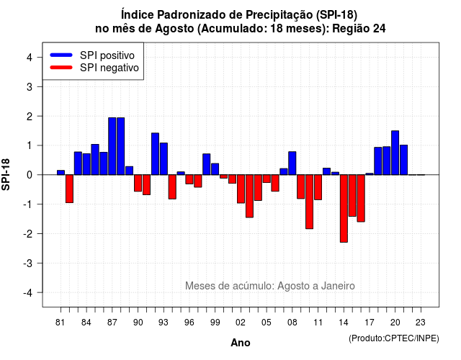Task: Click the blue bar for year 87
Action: click(112, 146)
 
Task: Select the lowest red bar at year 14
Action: click(344, 208)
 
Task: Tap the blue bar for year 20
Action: click(395, 153)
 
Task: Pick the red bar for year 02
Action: click(241, 189)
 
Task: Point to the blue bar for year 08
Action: click(292, 163)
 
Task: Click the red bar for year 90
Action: click(138, 183)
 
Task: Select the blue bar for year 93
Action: click(164, 158)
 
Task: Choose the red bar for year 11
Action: click(318, 187)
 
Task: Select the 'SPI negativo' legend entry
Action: click(94, 68)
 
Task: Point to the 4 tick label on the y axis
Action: click(30, 58)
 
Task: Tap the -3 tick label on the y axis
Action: click(28, 263)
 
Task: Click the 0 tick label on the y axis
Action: click(30, 175)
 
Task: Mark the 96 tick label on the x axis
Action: click(189, 323)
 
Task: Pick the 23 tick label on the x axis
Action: click(421, 323)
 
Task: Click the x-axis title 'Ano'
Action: click(241, 343)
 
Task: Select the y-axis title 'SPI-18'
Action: click(6, 174)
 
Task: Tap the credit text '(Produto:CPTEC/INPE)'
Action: click(394, 338)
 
